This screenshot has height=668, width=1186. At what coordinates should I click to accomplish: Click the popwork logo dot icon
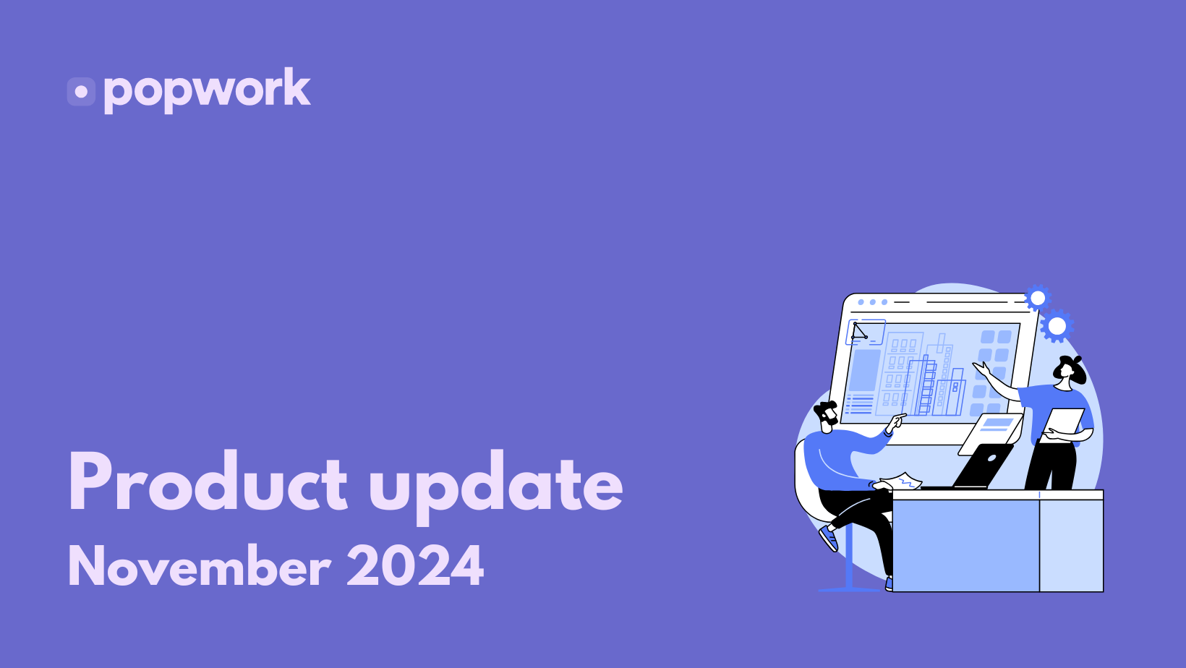[x=81, y=92]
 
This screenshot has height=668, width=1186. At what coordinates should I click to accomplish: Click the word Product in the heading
[x=208, y=481]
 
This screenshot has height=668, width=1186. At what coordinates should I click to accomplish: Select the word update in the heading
[x=495, y=487]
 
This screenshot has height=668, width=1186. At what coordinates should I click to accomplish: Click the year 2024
[x=415, y=566]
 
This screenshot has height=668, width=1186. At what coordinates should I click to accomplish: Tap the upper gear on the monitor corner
[x=1037, y=299]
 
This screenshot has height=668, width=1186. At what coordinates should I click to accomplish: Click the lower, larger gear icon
[x=1057, y=326]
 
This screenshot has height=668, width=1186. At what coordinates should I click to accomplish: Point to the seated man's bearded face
[x=827, y=416]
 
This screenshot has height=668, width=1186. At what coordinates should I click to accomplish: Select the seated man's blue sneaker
[x=829, y=539]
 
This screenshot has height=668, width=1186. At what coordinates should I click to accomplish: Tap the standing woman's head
[x=1069, y=369]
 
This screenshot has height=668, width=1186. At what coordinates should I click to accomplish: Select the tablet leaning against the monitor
[x=990, y=434]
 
